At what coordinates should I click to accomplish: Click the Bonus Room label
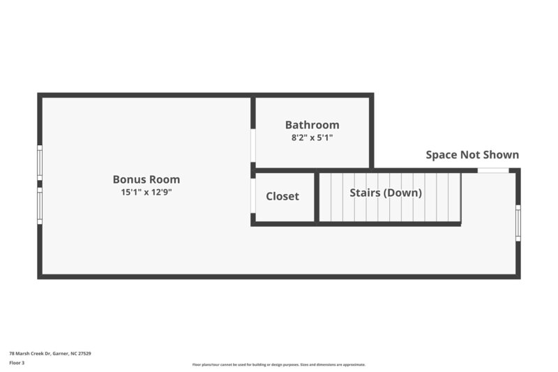pos(146,179)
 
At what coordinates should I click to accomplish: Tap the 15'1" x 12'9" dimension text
pos(146,192)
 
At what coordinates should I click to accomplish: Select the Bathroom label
pos(312,125)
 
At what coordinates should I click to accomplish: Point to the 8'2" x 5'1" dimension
pos(312,137)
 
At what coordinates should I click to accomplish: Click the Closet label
pos(282,196)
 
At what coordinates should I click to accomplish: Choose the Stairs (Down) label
pos(386,193)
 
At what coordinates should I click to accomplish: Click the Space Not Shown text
pos(472,155)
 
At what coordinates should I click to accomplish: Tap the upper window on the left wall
pos(40,162)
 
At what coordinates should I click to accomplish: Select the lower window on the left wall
pos(40,207)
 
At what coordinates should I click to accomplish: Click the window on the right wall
pos(518,223)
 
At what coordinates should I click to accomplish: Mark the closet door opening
pos(252,196)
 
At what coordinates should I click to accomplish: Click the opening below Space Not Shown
pos(492,170)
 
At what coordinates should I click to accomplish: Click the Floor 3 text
pos(17,363)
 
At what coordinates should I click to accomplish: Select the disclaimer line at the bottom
pos(279,364)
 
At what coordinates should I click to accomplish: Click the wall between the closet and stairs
pos(317,198)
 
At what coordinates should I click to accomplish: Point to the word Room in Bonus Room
pos(165,179)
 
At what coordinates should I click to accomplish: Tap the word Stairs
pos(364,193)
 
